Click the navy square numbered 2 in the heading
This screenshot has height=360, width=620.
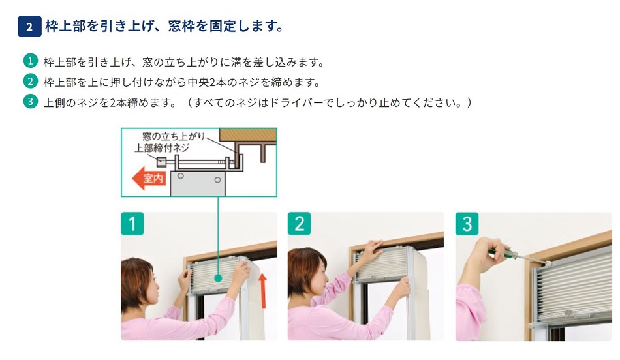tap(29, 27)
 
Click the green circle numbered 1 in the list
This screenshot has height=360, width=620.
tap(30, 61)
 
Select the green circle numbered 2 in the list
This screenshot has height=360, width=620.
tap(30, 82)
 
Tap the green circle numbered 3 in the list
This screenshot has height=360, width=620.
tap(30, 102)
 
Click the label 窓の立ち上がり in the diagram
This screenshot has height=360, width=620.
tap(174, 136)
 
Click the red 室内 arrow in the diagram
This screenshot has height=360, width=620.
tap(148, 178)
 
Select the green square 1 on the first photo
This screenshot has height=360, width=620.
tap(132, 224)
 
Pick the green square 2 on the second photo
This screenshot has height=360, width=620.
tap(299, 224)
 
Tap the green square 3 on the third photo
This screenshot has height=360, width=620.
tap(467, 224)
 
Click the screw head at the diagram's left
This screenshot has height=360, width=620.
tap(161, 161)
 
